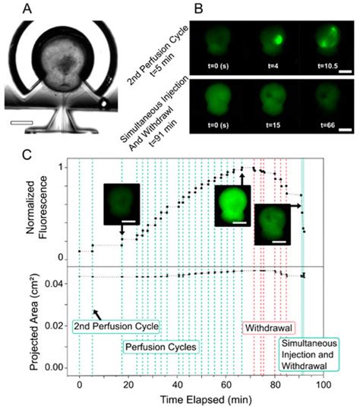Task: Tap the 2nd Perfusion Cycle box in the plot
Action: (115, 326)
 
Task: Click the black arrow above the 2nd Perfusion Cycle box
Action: (97, 313)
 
